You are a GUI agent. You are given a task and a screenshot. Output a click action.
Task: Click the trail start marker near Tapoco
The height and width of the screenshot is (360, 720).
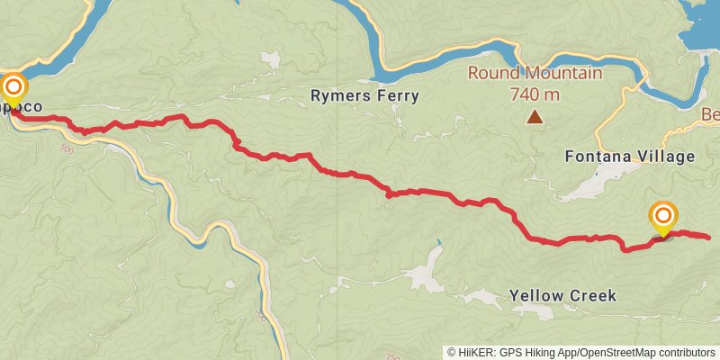[x=13, y=87]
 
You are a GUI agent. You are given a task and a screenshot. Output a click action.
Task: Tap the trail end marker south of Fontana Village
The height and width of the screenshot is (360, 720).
[x=663, y=215]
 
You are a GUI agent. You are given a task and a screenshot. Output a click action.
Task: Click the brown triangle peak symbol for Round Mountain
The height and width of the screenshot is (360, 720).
[x=535, y=116]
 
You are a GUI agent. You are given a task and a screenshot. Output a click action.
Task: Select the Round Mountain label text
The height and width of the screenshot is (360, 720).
[x=535, y=73]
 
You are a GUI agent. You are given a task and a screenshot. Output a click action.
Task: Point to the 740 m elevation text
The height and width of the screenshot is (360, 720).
[x=535, y=94]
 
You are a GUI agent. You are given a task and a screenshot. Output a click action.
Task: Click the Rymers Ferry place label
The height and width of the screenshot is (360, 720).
[x=364, y=95]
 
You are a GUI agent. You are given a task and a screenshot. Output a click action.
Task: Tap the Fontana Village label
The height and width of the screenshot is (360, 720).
[x=629, y=156]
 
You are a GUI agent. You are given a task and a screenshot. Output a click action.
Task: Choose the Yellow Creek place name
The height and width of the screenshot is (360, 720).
[x=562, y=295]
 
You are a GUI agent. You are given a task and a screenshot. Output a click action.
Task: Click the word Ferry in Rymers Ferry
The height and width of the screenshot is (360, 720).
[x=397, y=95]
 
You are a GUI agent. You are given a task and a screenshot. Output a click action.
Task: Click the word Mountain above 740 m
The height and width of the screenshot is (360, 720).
[x=562, y=73]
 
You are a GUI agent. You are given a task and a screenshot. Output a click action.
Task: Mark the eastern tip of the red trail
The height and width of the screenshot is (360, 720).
[x=709, y=238]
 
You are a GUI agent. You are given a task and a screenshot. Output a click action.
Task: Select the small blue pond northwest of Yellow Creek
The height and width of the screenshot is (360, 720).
[x=438, y=243]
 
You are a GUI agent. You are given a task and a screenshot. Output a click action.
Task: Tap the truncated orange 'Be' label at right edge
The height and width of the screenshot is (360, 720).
[x=710, y=115]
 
